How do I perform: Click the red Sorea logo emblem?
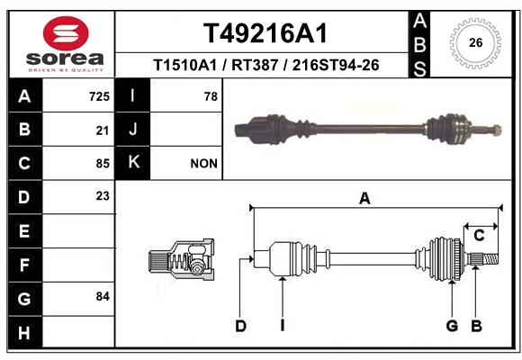[66, 33]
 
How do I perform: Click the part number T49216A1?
[265, 33]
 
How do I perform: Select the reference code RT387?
[255, 65]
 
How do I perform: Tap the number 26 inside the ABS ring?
[475, 42]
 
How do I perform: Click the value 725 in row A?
[99, 96]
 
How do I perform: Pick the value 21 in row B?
[103, 130]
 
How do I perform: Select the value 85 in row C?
[103, 164]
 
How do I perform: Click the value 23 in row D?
[103, 196]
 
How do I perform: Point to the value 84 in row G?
[103, 296]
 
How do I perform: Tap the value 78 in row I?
[211, 96]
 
